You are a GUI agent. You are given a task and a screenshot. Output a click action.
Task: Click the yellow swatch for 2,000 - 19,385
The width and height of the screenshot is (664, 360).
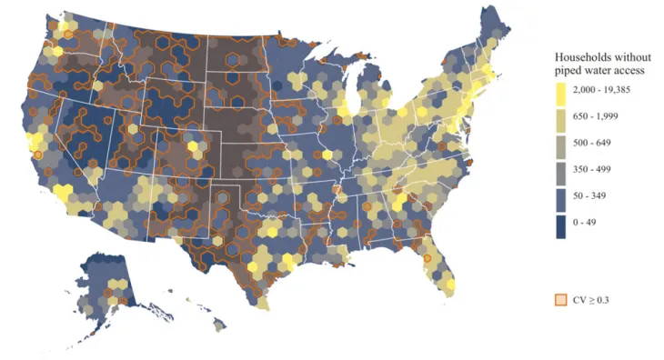click(x=563, y=90)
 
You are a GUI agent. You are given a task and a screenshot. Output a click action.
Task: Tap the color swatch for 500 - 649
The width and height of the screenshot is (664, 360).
click(x=563, y=143)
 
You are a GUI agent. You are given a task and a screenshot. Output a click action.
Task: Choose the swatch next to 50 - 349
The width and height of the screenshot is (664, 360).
click(x=563, y=195)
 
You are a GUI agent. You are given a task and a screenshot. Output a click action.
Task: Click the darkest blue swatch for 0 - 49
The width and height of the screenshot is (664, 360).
click(x=563, y=222)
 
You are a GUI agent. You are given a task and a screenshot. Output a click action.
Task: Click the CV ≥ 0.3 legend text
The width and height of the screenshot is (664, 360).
click(x=591, y=299)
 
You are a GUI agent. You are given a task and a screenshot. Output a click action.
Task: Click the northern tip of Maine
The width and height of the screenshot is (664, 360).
click(x=492, y=11)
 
